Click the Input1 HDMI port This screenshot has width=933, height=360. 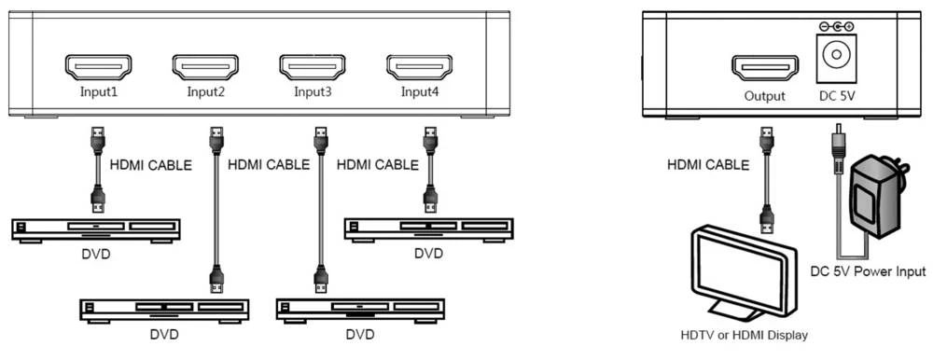pos(98,67)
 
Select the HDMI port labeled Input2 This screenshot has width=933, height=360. pos(205,67)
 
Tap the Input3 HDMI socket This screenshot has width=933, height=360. pos(313,67)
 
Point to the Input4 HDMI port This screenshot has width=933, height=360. pos(420,67)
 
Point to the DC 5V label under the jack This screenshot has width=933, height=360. pos(836,95)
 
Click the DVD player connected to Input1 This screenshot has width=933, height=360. pos(96,228)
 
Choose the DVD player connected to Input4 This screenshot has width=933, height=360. pos(428,228)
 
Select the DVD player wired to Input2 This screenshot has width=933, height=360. pos(163,309)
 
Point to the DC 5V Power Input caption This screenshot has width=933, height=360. pos(867,272)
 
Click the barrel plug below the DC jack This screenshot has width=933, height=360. pos(837,145)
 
